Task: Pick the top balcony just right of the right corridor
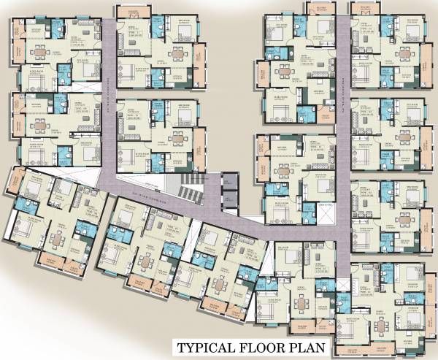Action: (364, 9)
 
